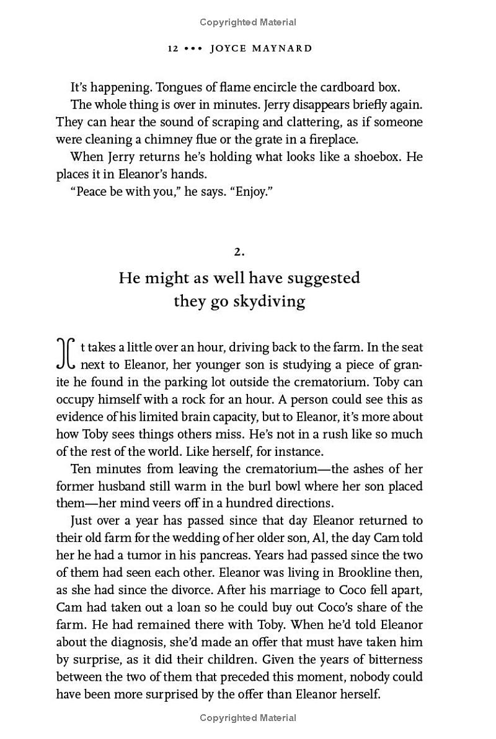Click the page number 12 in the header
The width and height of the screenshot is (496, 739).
click(x=173, y=48)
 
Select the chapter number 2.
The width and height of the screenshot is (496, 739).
click(x=239, y=251)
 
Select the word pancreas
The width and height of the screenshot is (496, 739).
click(x=264, y=555)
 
